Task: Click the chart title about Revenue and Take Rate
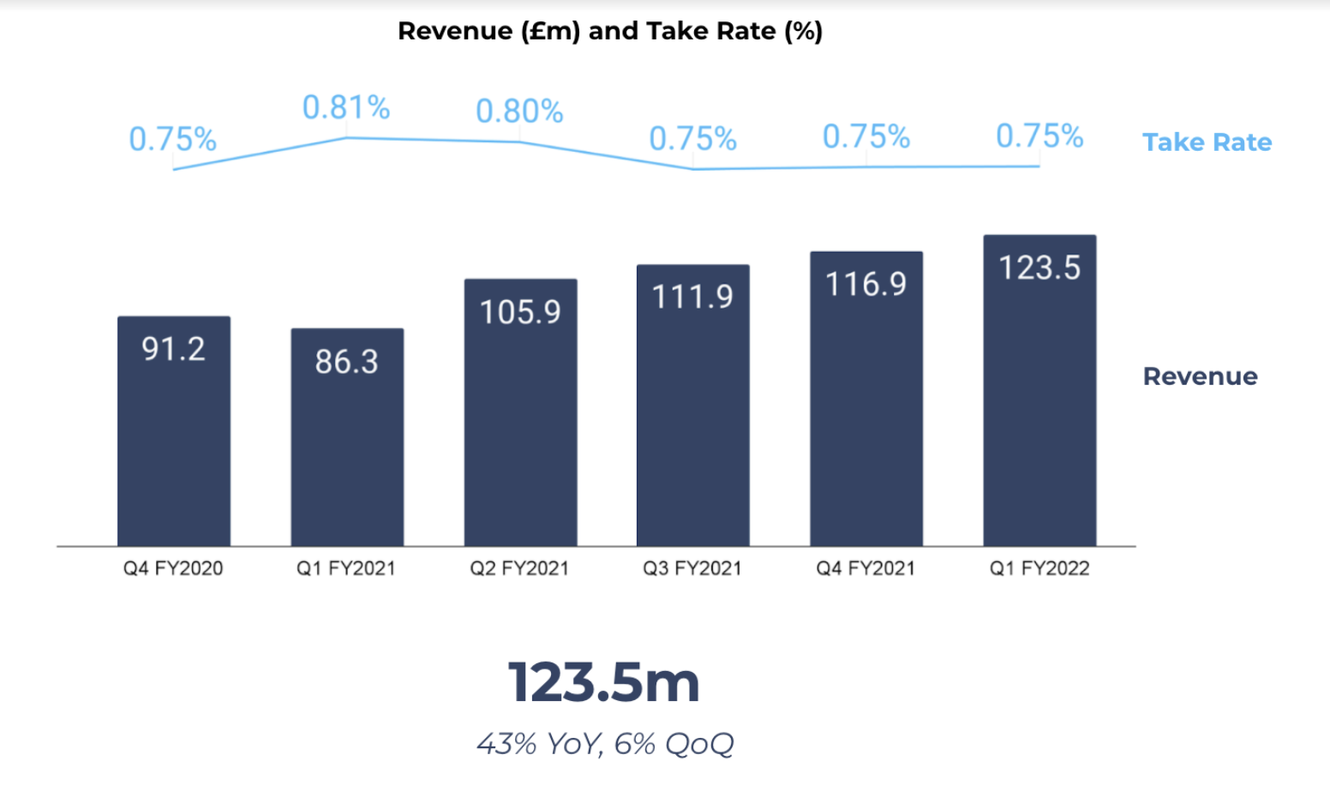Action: click(x=609, y=32)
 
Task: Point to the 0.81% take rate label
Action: click(x=346, y=108)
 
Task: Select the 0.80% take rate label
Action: click(x=519, y=111)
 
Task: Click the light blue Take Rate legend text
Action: click(x=1207, y=142)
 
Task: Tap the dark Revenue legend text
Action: click(x=1200, y=376)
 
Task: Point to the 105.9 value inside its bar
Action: click(x=520, y=312)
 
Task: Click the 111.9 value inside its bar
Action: click(x=692, y=297)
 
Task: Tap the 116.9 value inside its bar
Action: click(x=866, y=285)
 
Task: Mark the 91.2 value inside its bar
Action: click(x=174, y=349)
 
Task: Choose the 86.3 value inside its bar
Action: click(x=346, y=362)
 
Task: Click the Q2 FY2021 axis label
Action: click(x=519, y=568)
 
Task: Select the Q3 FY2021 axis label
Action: click(x=692, y=568)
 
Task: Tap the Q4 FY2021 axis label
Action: click(x=866, y=568)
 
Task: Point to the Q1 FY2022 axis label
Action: click(x=1039, y=568)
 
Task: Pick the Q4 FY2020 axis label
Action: click(x=173, y=568)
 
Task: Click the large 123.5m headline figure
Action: click(x=604, y=683)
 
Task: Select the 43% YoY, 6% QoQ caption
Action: click(x=605, y=744)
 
